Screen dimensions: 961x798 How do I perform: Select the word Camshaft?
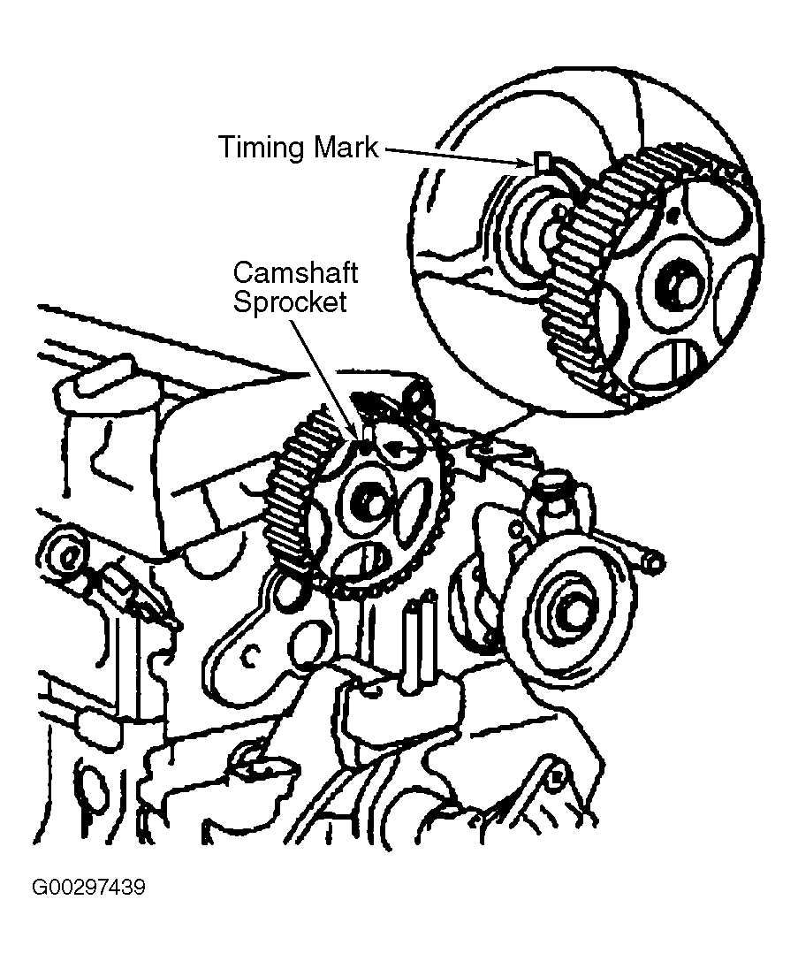pyautogui.click(x=294, y=271)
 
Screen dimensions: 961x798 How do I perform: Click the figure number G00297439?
pyautogui.click(x=88, y=887)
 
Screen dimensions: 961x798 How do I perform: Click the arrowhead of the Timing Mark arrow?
pyautogui.click(x=527, y=161)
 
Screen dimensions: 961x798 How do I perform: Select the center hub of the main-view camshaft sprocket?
pyautogui.click(x=365, y=503)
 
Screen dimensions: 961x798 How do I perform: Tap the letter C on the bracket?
pyautogui.click(x=251, y=655)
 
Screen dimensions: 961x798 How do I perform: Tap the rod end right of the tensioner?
pyautogui.click(x=652, y=560)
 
